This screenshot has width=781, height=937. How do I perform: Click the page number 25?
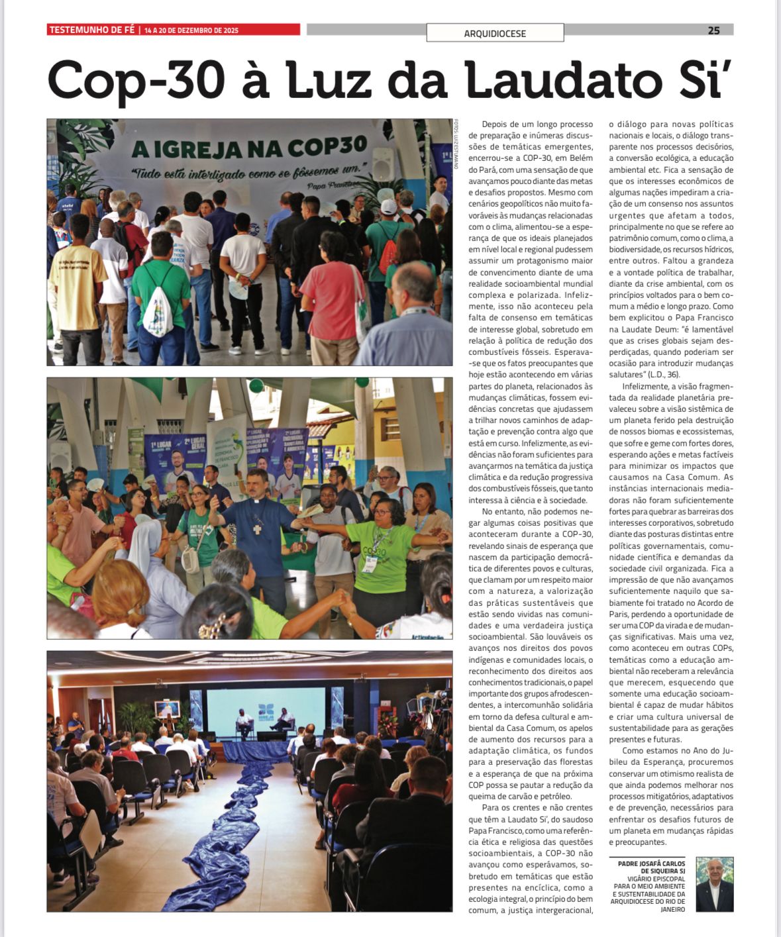click(713, 30)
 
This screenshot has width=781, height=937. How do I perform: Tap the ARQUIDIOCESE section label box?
click(495, 33)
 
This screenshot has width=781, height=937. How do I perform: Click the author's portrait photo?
click(715, 884)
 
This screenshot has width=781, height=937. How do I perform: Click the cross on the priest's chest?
click(256, 528)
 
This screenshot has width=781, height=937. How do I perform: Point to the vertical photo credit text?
click(456, 144)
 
